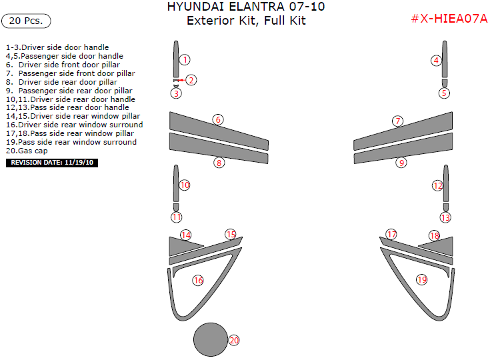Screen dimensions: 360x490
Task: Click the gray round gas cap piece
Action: pos(210,339)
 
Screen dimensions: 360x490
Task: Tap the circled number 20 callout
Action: pos(234,340)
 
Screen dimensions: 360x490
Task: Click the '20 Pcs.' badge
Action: pos(27,21)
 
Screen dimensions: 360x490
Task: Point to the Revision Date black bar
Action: pos(52,162)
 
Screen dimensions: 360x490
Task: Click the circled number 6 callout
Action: pos(217,119)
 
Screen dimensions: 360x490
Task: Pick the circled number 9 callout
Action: pos(401,162)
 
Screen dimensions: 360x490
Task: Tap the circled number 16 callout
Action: pos(198,280)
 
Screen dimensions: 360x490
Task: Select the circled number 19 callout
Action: pos(421,279)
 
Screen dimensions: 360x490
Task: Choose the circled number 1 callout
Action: pos(185,59)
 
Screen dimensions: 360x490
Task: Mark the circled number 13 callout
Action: pos(445,217)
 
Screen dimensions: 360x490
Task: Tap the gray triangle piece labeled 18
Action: pos(440,244)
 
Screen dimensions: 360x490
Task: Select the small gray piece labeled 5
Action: pos(445,83)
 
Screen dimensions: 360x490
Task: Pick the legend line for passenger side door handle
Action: pos(64,56)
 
